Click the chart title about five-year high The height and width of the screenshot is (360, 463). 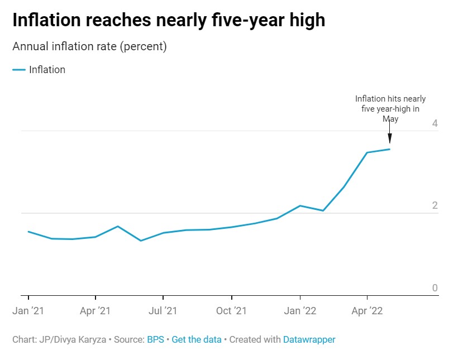click(x=169, y=21)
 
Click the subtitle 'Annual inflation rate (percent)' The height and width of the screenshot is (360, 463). click(x=89, y=46)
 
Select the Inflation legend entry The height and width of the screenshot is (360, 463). click(x=47, y=70)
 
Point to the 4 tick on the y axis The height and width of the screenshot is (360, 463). click(x=435, y=123)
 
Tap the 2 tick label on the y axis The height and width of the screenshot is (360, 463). click(x=435, y=206)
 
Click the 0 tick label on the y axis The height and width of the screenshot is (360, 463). click(x=435, y=288)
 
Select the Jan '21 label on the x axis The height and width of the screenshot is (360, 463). click(x=28, y=311)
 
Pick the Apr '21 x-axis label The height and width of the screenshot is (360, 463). click(x=96, y=311)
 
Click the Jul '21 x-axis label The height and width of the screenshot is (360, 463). click(x=163, y=311)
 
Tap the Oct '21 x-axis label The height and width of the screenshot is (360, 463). click(x=231, y=311)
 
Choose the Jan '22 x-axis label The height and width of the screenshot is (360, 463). click(x=300, y=311)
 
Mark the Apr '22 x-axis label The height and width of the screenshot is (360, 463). click(x=367, y=311)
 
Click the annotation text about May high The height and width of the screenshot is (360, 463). click(x=390, y=109)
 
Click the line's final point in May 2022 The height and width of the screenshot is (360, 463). click(x=389, y=149)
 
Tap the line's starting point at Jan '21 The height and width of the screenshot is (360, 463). click(x=28, y=232)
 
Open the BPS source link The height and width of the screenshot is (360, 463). click(x=155, y=339)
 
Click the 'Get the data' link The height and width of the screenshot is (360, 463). click(x=197, y=339)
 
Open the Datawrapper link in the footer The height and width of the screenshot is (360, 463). click(x=309, y=339)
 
